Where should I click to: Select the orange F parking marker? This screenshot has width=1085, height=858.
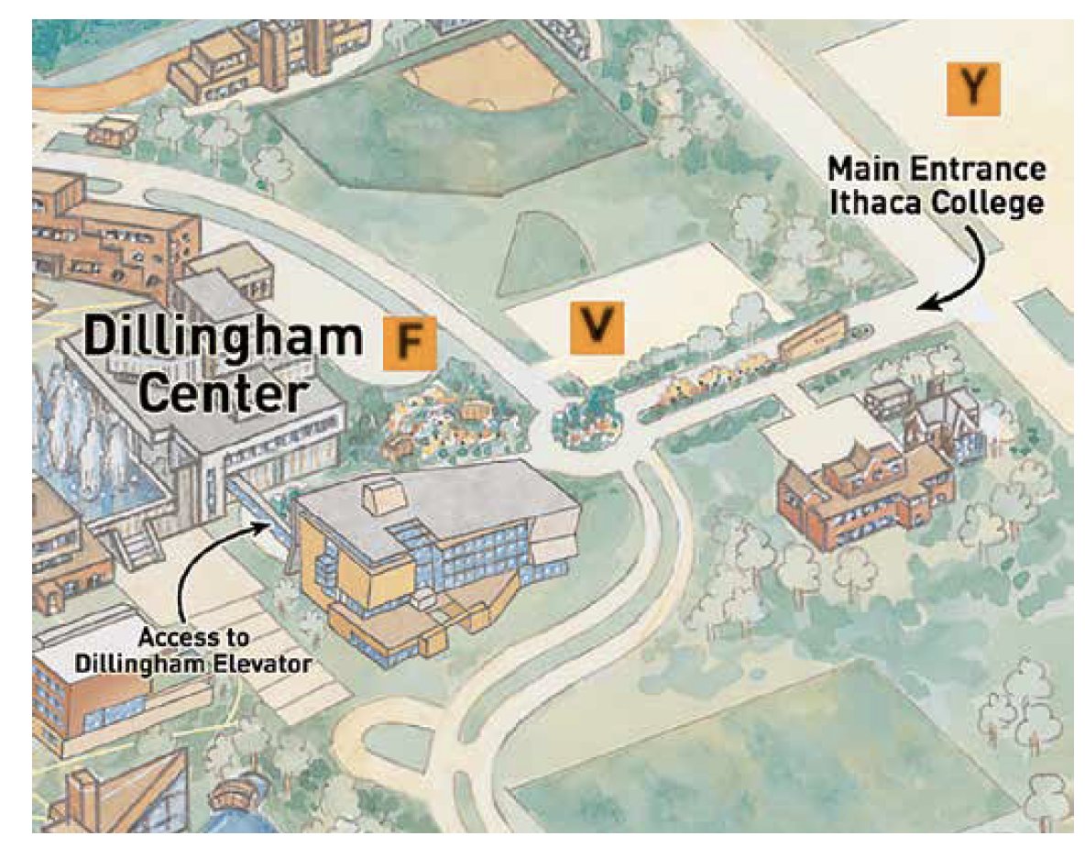pyautogui.click(x=410, y=342)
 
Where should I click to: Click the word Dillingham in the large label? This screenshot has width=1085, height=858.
pyautogui.click(x=223, y=338)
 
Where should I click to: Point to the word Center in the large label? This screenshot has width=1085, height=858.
pyautogui.click(x=225, y=394)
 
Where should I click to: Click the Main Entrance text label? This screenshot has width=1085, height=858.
pyautogui.click(x=936, y=170)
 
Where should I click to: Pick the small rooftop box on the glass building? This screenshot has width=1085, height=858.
pyautogui.click(x=381, y=498)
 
